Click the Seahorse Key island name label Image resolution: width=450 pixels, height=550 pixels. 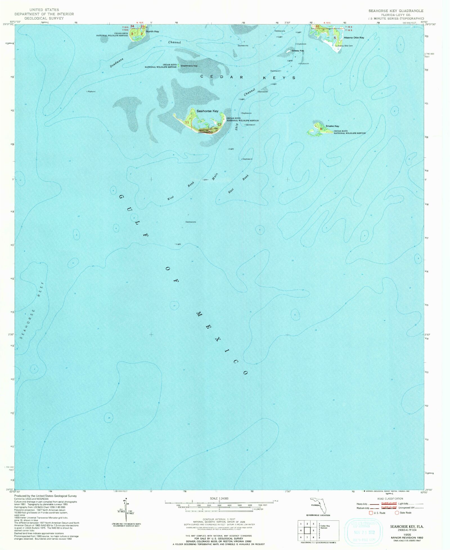coord(207,111)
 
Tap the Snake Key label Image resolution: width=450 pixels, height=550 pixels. coord(332,126)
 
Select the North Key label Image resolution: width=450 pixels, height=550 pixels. coord(152,31)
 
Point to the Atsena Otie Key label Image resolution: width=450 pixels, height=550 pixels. coord(354,38)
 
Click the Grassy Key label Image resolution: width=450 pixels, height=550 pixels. coord(298,51)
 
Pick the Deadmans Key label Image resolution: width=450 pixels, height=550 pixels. coord(189,66)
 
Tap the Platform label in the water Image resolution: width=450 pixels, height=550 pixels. coord(91,92)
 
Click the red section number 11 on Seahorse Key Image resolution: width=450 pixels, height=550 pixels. coord(187,122)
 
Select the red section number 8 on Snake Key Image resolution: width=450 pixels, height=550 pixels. coord(321,129)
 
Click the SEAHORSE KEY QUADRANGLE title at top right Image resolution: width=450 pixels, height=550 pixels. coord(396,11)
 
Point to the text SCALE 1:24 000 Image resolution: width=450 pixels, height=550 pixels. coord(219,499)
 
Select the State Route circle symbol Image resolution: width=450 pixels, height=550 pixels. coord(397,513)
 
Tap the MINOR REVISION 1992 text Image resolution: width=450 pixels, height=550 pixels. coord(407,538)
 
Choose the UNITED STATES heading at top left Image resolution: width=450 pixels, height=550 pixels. coord(44,10)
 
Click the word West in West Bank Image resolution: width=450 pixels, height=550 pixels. coord(170,198)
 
